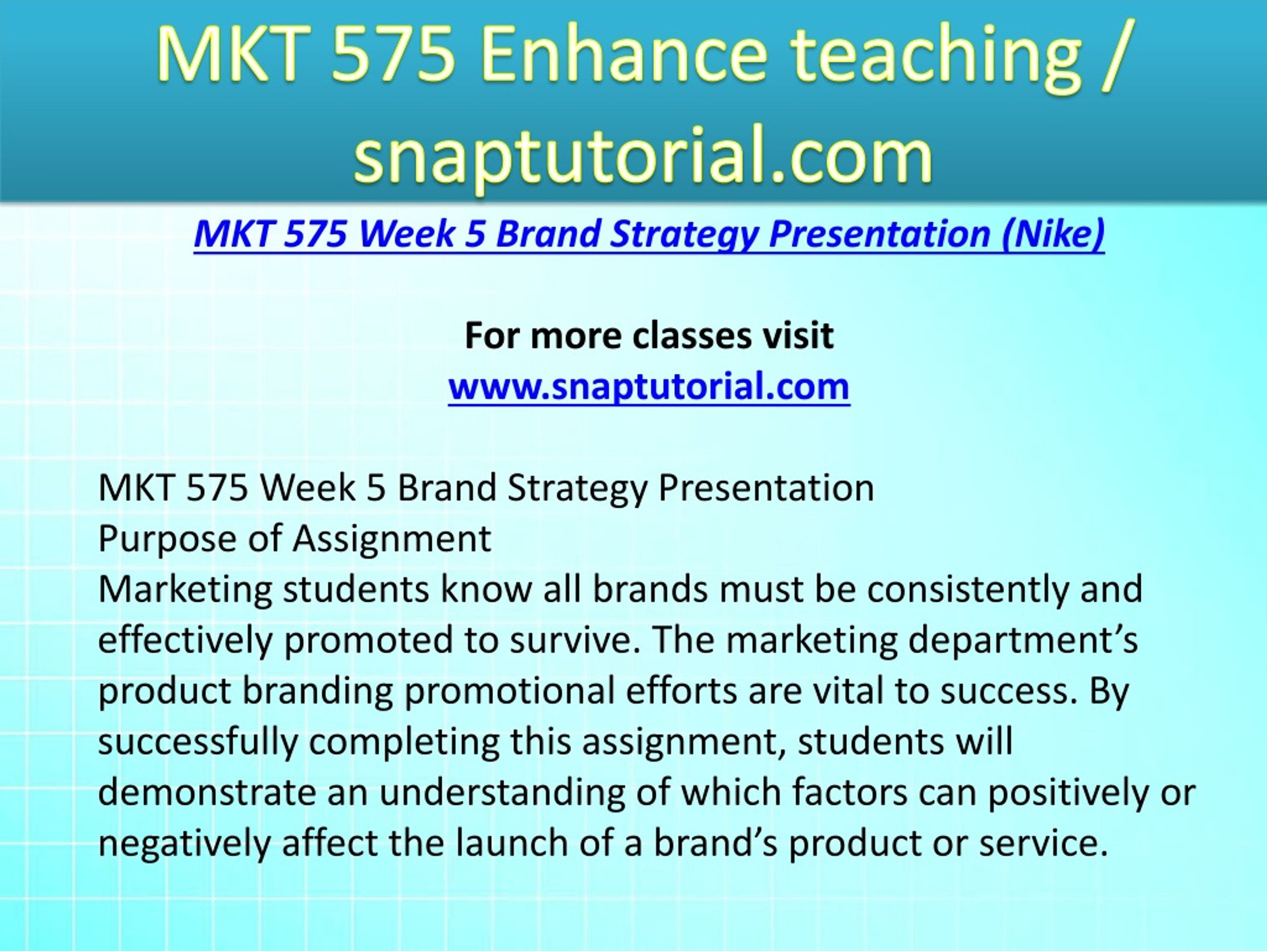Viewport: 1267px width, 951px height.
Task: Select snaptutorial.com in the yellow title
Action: [643, 154]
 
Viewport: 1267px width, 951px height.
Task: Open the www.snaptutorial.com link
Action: [648, 386]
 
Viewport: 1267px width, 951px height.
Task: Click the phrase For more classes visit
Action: [649, 335]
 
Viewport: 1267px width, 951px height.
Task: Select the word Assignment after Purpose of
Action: [392, 539]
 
